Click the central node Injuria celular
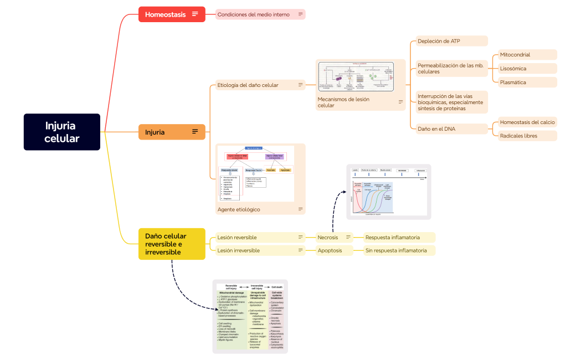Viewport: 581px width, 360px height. point(61,132)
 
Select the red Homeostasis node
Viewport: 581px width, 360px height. point(165,14)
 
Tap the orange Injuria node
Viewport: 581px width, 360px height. point(155,132)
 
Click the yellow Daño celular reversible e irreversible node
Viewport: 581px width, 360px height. point(163,244)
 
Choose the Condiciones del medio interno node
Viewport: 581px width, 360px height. point(253,14)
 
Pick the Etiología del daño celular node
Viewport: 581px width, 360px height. point(248,85)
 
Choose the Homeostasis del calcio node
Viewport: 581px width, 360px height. point(527,122)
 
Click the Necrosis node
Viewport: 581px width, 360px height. point(328,238)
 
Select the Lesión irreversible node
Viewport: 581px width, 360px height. point(239,250)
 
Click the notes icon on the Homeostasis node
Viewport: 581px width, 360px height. point(195,14)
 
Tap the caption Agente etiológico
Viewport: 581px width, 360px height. point(238,209)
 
